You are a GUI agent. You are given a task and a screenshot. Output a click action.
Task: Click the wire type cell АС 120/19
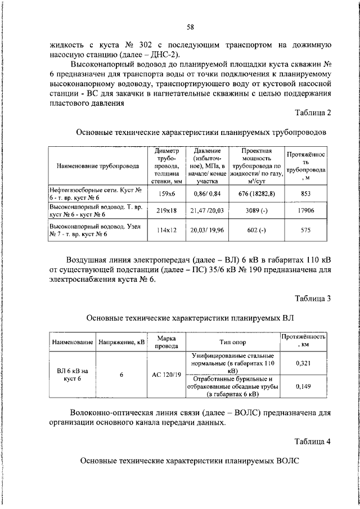tap(166, 375)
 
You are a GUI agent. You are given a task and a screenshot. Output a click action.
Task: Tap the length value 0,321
tap(303, 364)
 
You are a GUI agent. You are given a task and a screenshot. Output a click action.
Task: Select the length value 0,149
tap(303, 386)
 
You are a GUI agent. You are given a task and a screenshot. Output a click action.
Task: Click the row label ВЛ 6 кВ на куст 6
tap(73, 375)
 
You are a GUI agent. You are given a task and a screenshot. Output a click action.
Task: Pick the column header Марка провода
tap(166, 342)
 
